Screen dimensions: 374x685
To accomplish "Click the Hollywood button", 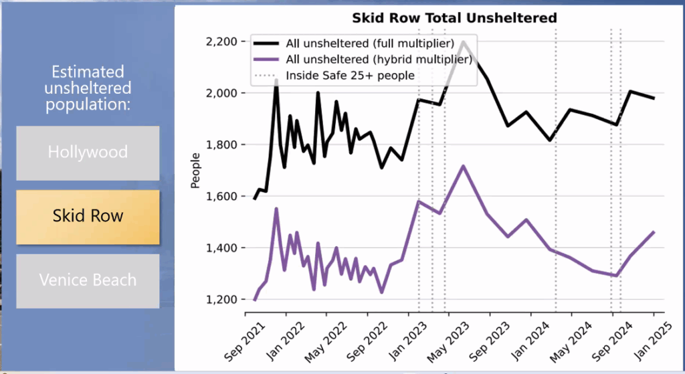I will pyautogui.click(x=88, y=153).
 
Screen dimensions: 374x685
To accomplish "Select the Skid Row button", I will pyautogui.click(x=88, y=217).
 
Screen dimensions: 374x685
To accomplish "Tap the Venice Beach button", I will pyautogui.click(x=88, y=280).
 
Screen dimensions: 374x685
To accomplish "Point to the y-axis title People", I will pyautogui.click(x=195, y=171).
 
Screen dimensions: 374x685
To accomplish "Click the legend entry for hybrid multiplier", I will pyautogui.click(x=379, y=60).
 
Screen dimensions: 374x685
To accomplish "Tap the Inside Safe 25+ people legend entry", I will pyautogui.click(x=350, y=75).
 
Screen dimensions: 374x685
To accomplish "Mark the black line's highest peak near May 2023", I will pyautogui.click(x=464, y=41).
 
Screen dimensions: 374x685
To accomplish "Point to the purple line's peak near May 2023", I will pyautogui.click(x=463, y=166).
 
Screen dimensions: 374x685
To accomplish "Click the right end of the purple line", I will pyautogui.click(x=654, y=232).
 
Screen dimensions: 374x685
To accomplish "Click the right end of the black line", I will pyautogui.click(x=654, y=98).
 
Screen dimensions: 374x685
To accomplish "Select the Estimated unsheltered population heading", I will pyautogui.click(x=88, y=88).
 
